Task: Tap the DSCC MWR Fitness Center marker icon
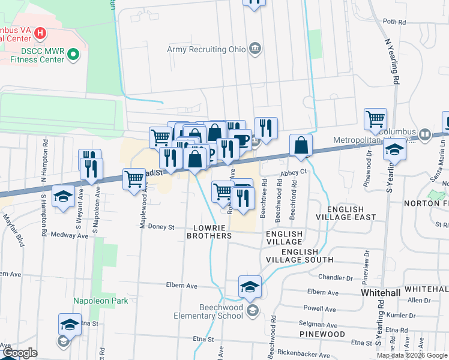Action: click(74, 56)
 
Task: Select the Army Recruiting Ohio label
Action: click(207, 49)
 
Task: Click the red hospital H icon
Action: click(40, 32)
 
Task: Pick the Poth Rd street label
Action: click(394, 22)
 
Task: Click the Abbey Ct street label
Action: click(294, 172)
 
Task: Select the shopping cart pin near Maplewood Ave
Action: click(134, 178)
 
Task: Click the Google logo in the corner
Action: click(19, 353)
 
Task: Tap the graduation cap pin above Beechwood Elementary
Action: click(250, 286)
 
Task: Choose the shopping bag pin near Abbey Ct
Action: click(301, 145)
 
